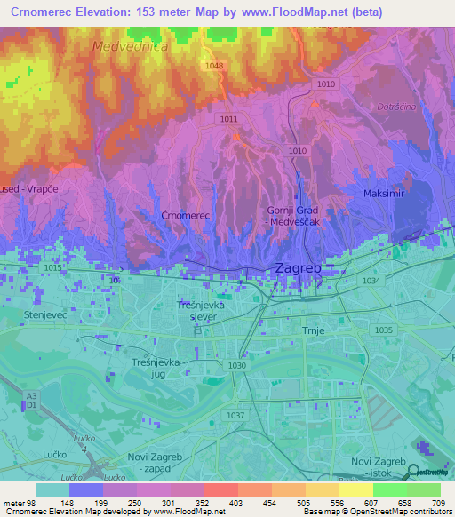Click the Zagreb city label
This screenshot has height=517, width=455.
coord(295,267)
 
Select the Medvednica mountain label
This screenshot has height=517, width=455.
coord(130,45)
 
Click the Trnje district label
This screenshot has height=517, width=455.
coord(317,331)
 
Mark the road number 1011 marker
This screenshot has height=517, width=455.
coord(229,118)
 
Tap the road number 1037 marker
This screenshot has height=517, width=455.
coord(235,415)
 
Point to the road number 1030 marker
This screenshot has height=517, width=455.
coord(236,365)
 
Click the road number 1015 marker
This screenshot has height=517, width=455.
coord(53,267)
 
